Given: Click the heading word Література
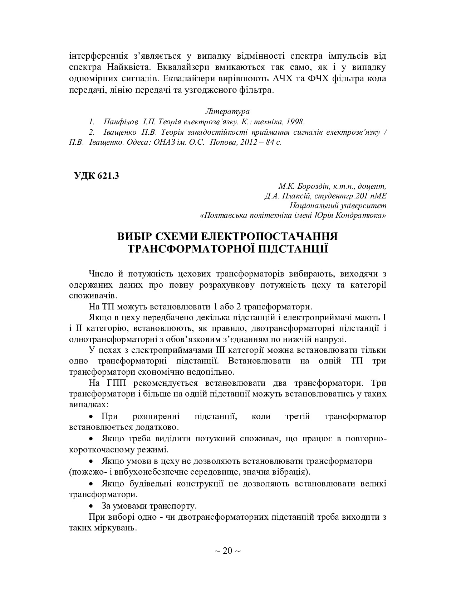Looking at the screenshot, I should coord(227,111).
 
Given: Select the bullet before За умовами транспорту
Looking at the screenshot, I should coord(91,506).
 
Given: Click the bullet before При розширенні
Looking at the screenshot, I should coord(91,417).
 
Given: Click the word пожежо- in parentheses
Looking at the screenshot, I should coord(83,471).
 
